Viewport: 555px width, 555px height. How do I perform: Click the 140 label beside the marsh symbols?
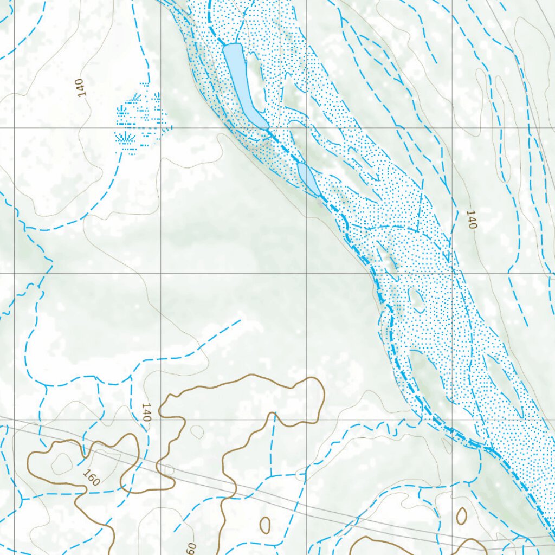click(81, 88)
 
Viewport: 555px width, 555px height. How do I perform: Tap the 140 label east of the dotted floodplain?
click(472, 219)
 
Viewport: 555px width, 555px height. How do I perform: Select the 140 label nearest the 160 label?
click(146, 412)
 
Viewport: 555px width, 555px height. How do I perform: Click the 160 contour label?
click(92, 477)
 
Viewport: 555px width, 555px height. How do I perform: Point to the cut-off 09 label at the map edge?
click(190, 547)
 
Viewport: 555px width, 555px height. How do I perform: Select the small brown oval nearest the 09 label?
click(265, 524)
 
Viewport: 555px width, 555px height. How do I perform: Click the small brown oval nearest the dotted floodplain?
click(461, 516)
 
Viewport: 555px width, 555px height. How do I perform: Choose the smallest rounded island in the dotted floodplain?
click(416, 300)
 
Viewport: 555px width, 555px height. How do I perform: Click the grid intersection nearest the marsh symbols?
click(160, 128)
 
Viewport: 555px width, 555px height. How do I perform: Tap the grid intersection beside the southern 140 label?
click(160, 419)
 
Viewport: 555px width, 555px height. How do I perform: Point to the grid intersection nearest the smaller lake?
click(307, 128)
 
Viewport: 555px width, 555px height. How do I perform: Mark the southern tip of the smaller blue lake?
click(319, 195)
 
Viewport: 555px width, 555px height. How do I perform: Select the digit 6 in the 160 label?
click(92, 477)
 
